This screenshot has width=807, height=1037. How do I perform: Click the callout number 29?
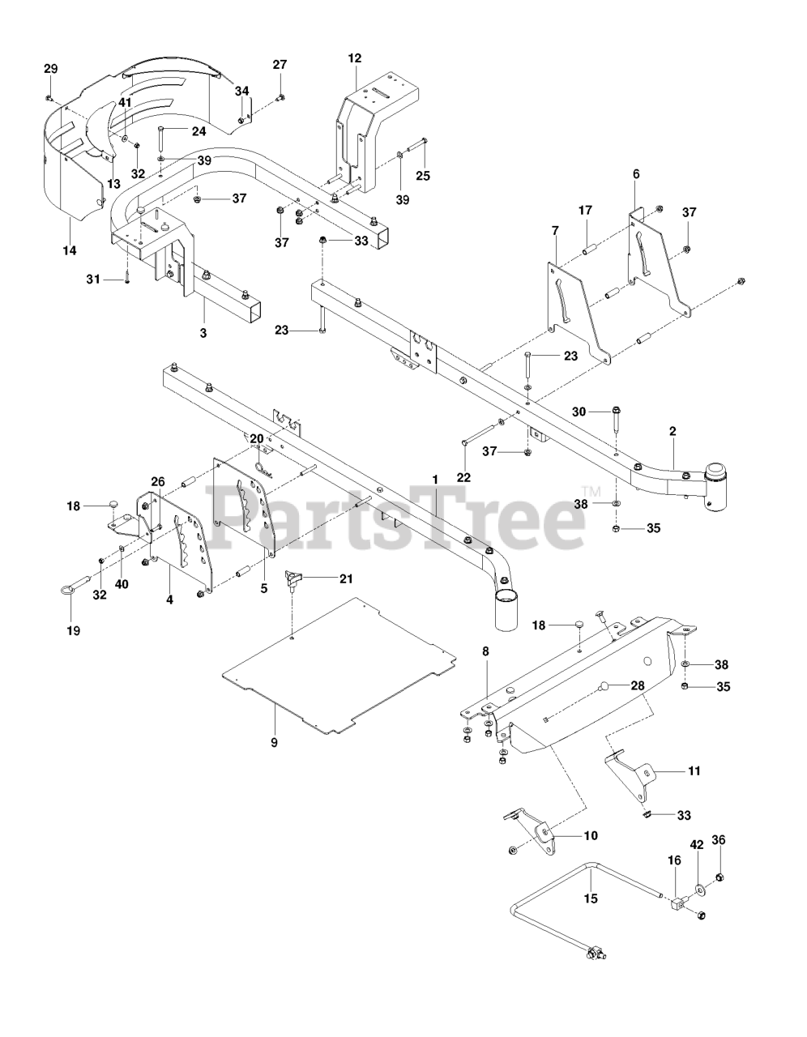[50, 70]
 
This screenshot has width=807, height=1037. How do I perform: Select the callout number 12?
[355, 58]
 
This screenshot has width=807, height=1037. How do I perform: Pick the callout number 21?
[346, 578]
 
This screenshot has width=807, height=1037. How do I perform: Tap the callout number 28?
[638, 685]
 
